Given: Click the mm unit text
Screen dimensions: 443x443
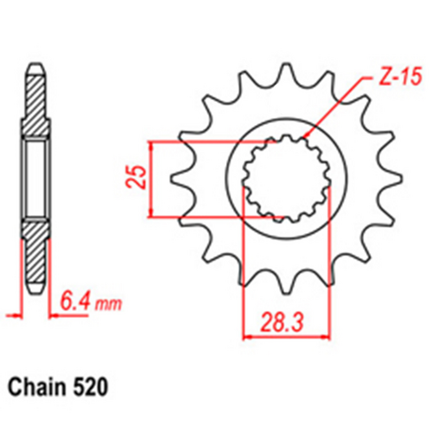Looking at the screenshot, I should tap(107, 307).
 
